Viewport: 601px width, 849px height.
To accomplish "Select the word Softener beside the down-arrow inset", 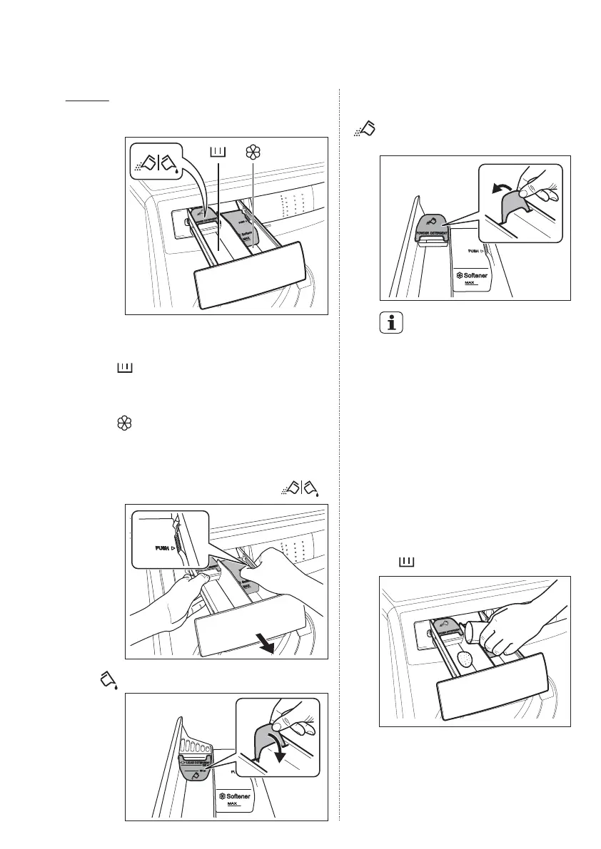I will click(x=238, y=796).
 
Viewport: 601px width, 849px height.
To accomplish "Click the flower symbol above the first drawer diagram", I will click(x=251, y=152).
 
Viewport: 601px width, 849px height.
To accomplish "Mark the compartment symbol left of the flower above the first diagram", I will click(x=218, y=152).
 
